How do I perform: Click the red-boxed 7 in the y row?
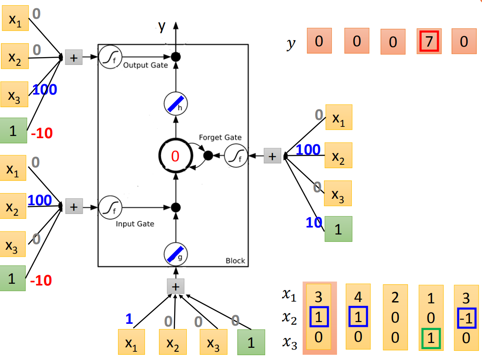pos(429,41)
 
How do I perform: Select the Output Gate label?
pos(145,65)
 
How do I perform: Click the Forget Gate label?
pos(220,137)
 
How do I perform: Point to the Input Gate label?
pos(135,224)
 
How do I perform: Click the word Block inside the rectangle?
pos(236,261)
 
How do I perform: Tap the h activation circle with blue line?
pos(176,104)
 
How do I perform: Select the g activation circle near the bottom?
pos(176,255)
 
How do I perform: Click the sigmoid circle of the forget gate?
pos(236,156)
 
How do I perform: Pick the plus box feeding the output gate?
pos(74,57)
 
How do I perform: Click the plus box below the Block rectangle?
pos(175,286)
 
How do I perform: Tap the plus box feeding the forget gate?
pos(273,156)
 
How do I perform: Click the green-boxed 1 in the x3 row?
pos(431,339)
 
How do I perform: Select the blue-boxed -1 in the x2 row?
pos(467,318)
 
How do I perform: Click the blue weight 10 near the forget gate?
pos(314,222)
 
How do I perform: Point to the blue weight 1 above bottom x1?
pos(129,319)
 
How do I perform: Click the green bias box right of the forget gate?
pos(338,229)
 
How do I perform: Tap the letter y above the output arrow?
pos(162,27)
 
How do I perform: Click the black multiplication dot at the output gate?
pos(176,57)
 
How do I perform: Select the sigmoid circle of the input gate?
pos(110,207)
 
